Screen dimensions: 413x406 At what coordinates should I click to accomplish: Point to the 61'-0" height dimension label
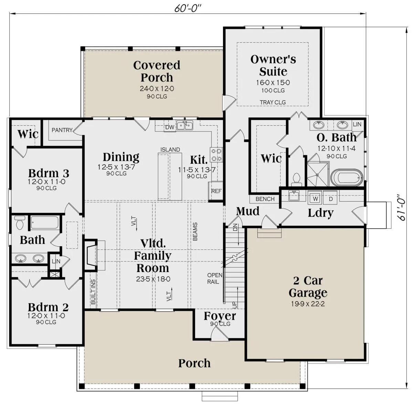tap(400, 207)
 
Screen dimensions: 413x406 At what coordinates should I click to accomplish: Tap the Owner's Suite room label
tap(273, 65)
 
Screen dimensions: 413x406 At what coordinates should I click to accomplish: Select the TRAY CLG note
tap(273, 102)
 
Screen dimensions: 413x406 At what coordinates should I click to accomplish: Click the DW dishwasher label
tap(170, 127)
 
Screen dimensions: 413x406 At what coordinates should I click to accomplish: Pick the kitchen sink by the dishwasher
tap(184, 125)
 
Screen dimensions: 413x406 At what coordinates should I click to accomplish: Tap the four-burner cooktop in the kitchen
tap(216, 155)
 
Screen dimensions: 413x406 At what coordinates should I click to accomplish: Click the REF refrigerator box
tap(216, 191)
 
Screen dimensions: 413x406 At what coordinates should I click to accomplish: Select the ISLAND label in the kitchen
tap(170, 149)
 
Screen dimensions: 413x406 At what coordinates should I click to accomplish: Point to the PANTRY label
tap(62, 130)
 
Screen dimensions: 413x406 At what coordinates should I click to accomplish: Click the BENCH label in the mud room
tap(265, 199)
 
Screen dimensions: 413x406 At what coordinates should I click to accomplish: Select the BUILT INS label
tap(93, 292)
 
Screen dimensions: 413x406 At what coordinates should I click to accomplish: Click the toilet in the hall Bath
tap(20, 223)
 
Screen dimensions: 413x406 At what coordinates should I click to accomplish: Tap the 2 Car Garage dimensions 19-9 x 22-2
tap(308, 304)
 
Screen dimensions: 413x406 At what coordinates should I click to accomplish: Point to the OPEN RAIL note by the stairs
tap(214, 278)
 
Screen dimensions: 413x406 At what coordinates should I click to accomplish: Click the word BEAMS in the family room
tap(195, 232)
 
